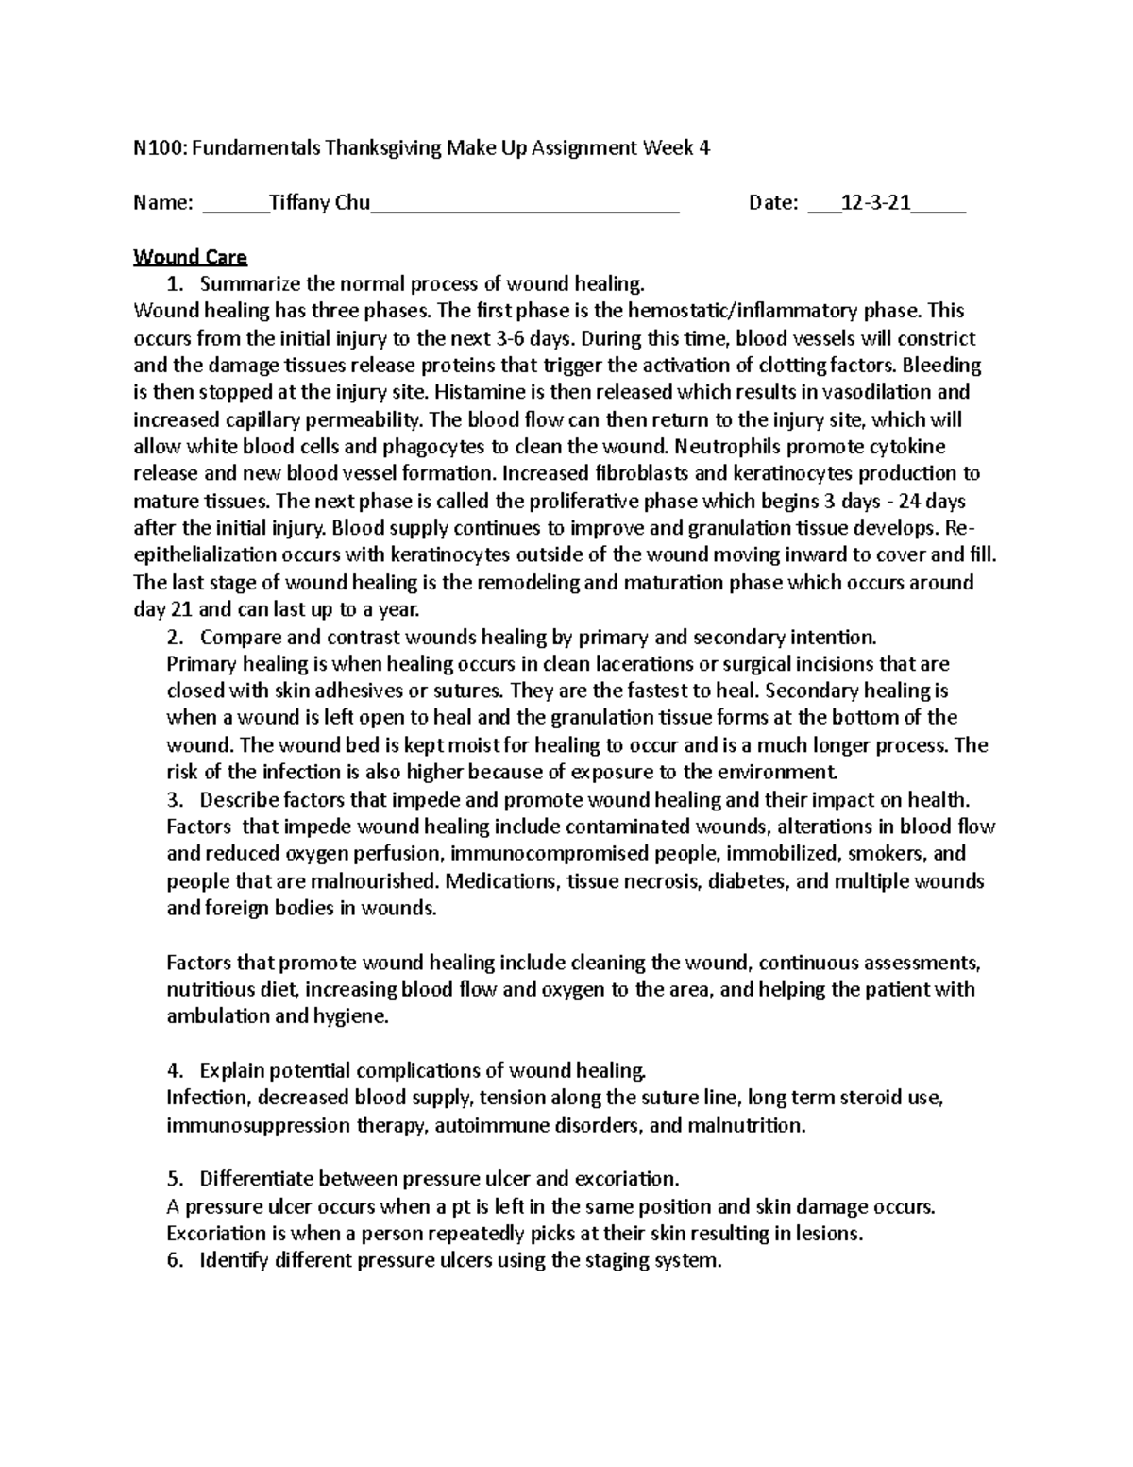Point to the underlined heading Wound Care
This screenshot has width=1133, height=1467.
(x=190, y=257)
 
